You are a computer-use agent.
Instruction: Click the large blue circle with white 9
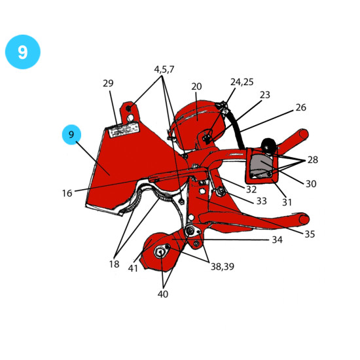click(23, 52)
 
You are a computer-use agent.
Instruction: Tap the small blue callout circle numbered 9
click(71, 135)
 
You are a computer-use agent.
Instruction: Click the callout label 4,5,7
click(164, 69)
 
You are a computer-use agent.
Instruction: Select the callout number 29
click(108, 83)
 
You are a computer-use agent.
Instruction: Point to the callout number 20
click(196, 86)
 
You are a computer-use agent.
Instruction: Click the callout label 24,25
click(242, 82)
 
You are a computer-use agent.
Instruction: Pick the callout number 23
click(265, 95)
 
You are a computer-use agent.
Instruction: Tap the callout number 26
click(301, 107)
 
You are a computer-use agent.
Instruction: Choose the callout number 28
click(312, 160)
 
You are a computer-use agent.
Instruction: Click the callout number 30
click(311, 184)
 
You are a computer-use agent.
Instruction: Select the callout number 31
click(287, 202)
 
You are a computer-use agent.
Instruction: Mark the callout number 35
click(310, 234)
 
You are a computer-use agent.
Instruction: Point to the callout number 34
click(277, 240)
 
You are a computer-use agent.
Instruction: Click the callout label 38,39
click(223, 266)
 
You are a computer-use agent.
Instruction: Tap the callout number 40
click(163, 294)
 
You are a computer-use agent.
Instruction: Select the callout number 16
click(67, 193)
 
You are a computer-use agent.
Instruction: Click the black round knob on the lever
click(268, 145)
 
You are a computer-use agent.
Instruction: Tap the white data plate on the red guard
click(124, 131)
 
